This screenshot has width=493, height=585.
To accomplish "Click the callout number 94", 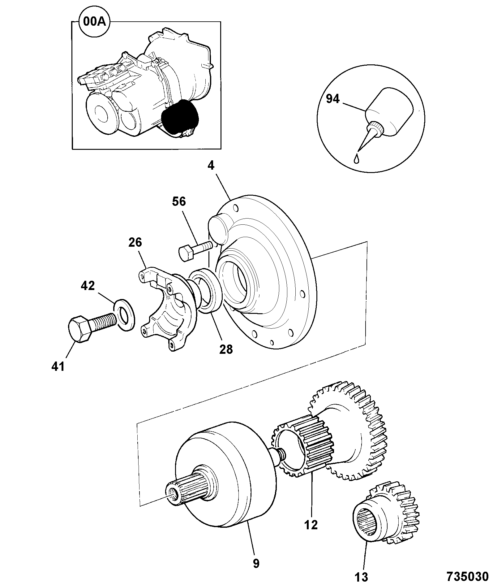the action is pyautogui.click(x=333, y=99).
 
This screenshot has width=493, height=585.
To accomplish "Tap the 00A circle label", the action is pyautogui.click(x=95, y=23).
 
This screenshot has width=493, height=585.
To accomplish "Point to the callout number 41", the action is pyautogui.click(x=58, y=367).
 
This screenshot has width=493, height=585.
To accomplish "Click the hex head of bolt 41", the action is pyautogui.click(x=80, y=329).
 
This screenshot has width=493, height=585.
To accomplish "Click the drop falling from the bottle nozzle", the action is pyautogui.click(x=357, y=158).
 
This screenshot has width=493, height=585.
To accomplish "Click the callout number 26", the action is pyautogui.click(x=135, y=243).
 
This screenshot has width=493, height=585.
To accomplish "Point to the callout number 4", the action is pyautogui.click(x=211, y=166).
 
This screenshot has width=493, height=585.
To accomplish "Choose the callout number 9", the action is pyautogui.click(x=256, y=564).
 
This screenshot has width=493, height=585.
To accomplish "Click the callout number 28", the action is pyautogui.click(x=226, y=349).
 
